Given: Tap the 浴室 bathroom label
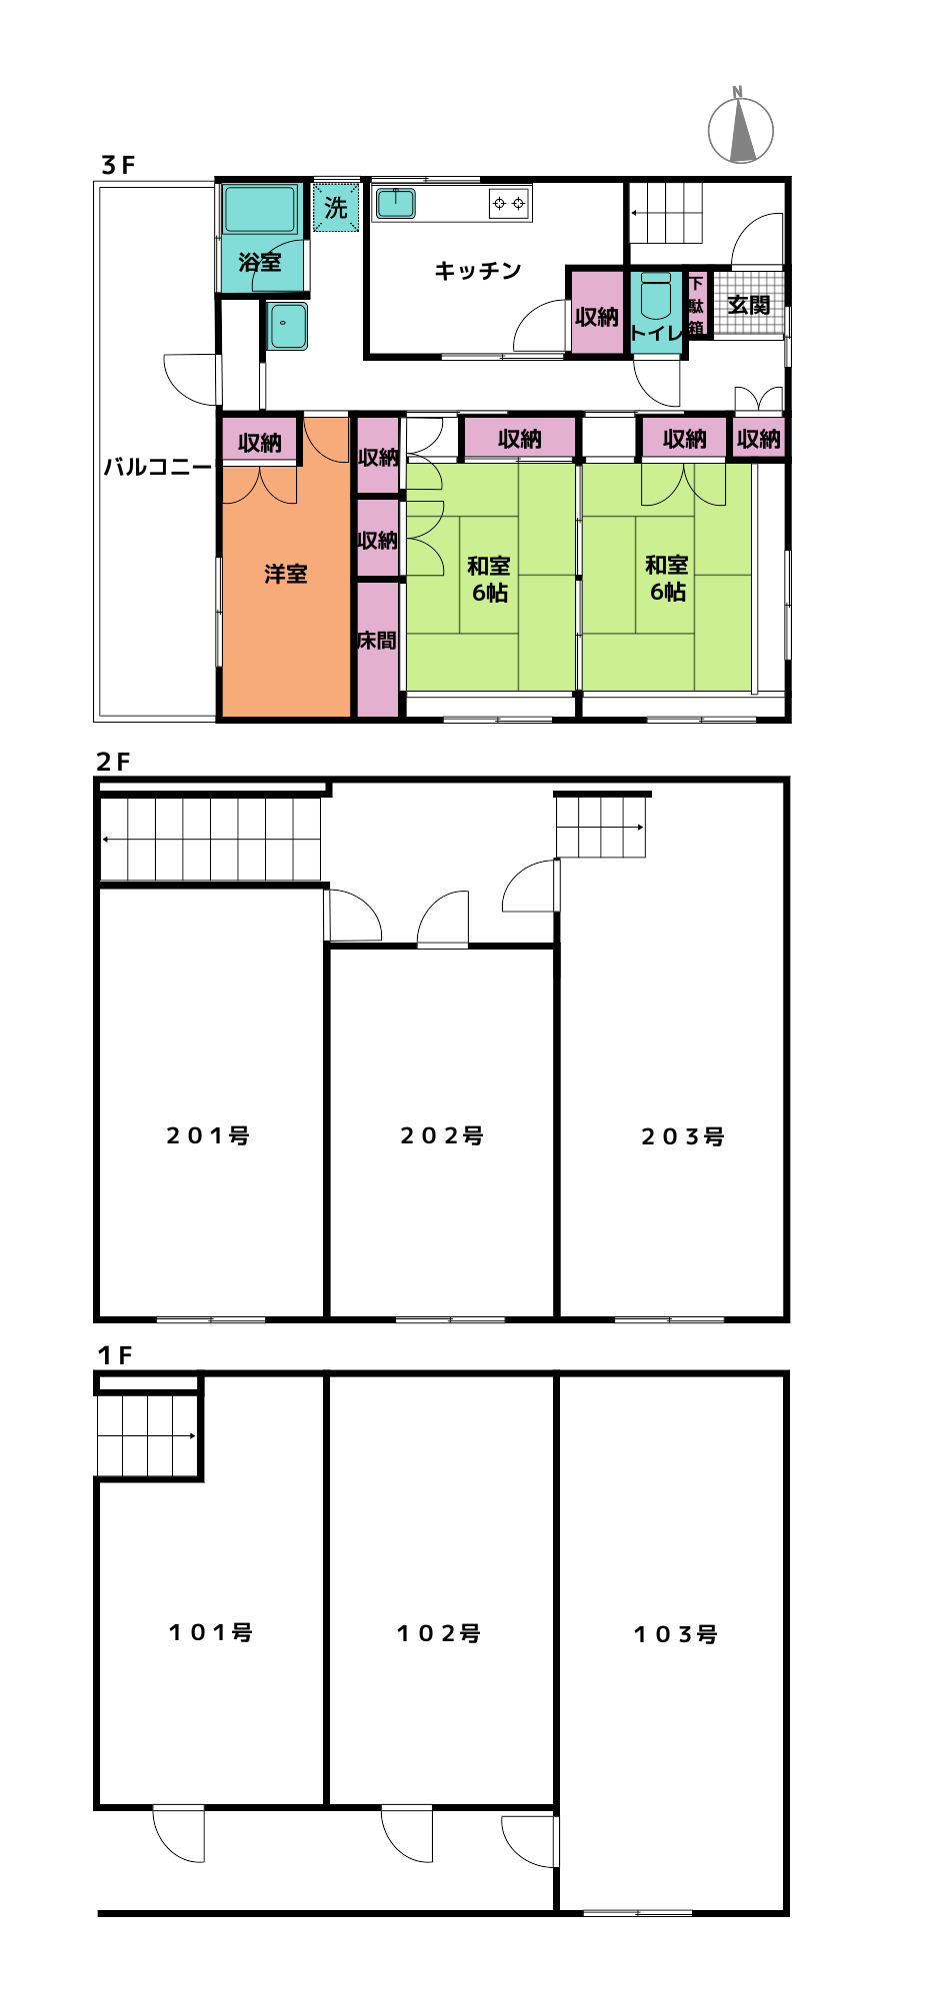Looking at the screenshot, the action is pos(260,263).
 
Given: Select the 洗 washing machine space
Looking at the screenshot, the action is pos(336,207).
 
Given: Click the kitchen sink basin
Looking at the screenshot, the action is pos(395,203).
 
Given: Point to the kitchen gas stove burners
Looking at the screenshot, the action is pos(509,203).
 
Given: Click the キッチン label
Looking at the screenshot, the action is pos(478,271).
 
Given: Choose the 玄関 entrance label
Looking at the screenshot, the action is pos(749,305).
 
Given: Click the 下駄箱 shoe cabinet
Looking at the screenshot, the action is pos(696,305).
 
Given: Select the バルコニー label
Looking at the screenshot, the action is pos(158,467).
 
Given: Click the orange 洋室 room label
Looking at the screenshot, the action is pos(286,574).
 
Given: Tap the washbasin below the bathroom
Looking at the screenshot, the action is pos(288,326).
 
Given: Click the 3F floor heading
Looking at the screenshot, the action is pos(117,165).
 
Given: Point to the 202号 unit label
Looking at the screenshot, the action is pos(442,1135).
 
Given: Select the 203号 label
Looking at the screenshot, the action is pos(683,1136).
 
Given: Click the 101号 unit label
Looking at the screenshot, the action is pos(211,1632).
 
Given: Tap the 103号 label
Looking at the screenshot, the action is pos(676,1634).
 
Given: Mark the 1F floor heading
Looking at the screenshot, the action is pos(115,1355).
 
